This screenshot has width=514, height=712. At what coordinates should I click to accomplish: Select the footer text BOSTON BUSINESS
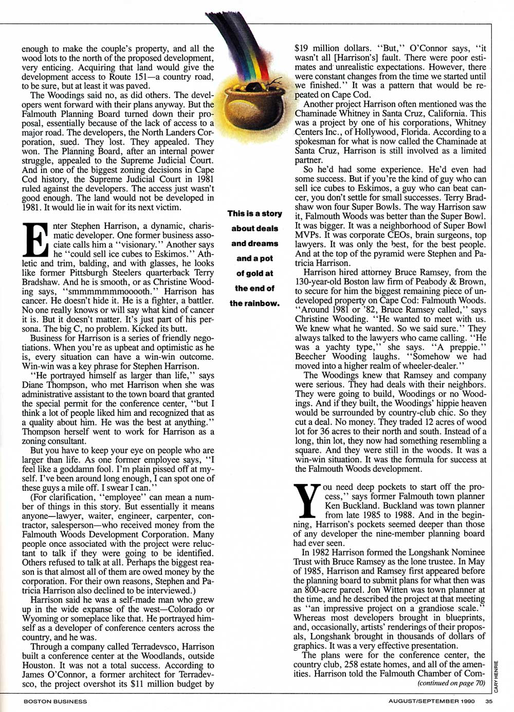point(56,701)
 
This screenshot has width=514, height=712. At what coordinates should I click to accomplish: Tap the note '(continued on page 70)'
point(451,683)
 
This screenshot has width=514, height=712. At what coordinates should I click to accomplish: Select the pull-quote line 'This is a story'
point(254,214)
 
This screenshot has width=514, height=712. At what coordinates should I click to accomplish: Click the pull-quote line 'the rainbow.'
point(254,303)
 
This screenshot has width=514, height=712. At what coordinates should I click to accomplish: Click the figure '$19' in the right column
point(301,48)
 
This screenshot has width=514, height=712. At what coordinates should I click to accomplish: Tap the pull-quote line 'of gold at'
point(254,274)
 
